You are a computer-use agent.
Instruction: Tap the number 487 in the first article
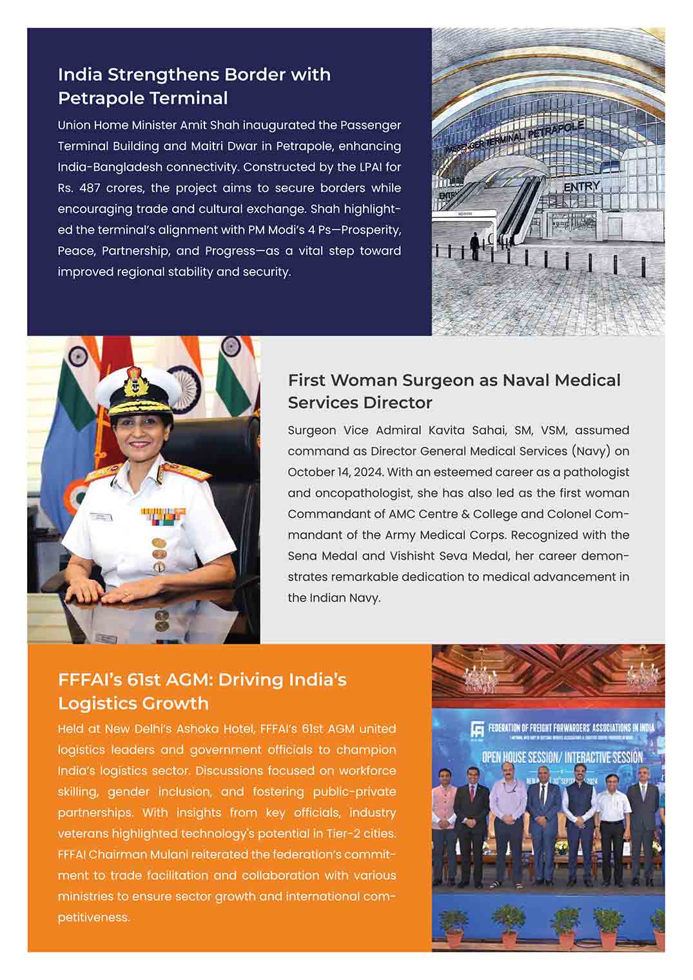pyautogui.click(x=94, y=188)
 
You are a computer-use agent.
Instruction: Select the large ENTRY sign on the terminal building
pyautogui.click(x=581, y=186)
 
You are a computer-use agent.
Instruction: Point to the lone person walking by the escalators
pyautogui.click(x=474, y=245)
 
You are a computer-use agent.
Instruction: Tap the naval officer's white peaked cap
pyautogui.click(x=134, y=394)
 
